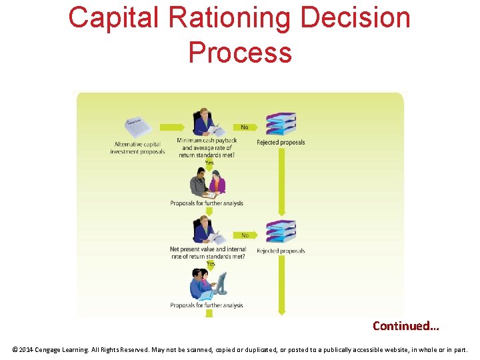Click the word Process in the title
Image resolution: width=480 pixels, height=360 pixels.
coord(240,52)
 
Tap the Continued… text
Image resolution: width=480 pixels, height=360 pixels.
coord(405,326)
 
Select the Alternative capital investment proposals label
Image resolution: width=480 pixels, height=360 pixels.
coord(138,148)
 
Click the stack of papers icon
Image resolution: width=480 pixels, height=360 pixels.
coord(138,127)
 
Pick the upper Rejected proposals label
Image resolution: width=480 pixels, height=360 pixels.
coord(281,142)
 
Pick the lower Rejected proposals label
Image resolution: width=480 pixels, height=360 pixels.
coord(281,251)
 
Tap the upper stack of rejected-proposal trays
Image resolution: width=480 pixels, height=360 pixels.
coord(281,123)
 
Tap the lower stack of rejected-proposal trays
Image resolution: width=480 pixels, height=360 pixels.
coord(281,231)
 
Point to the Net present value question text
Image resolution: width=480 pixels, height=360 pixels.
coord(207,253)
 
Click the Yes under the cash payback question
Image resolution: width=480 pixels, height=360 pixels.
coord(209,163)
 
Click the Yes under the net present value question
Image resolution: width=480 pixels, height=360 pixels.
coord(210,264)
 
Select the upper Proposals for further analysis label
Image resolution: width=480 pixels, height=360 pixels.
coord(207,203)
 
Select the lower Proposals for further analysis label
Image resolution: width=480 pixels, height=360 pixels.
coord(207,305)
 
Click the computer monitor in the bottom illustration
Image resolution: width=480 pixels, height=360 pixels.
coord(221,283)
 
